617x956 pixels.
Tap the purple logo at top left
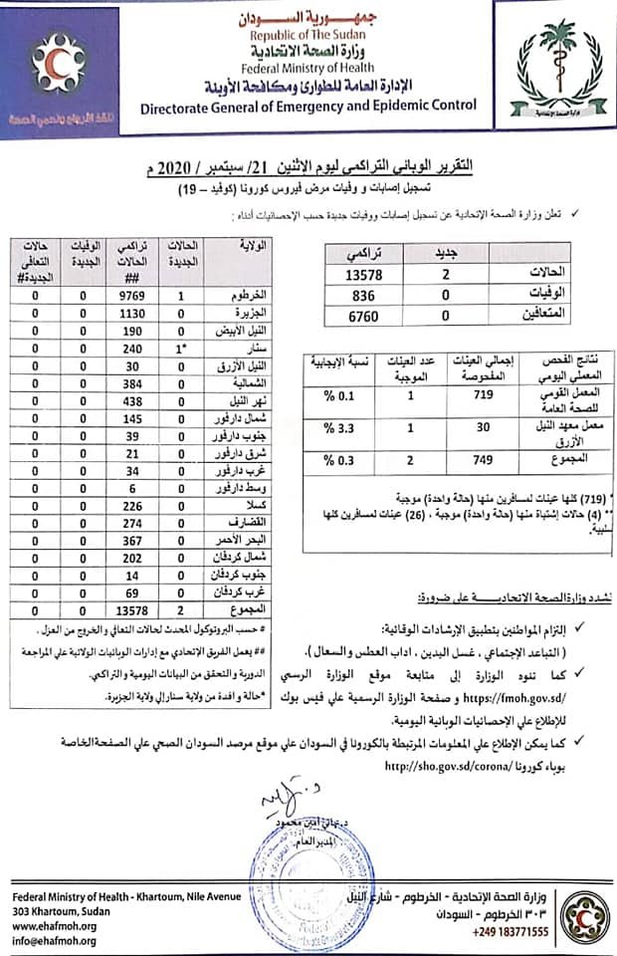tap(60, 68)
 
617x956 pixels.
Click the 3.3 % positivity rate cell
tap(328, 429)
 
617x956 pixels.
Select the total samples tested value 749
tap(472, 459)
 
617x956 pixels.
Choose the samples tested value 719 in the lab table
tap(472, 396)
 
